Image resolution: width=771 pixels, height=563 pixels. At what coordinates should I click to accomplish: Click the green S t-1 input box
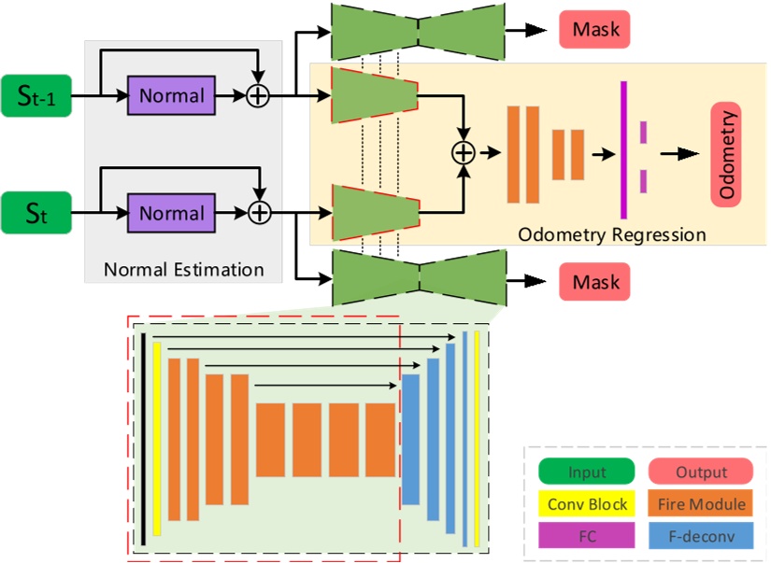coord(36,95)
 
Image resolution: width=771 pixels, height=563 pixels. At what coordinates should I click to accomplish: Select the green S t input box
coord(36,213)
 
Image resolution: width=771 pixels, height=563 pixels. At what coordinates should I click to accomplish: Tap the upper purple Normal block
coord(171,95)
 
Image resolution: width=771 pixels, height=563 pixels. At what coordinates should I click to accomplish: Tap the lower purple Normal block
coord(171,213)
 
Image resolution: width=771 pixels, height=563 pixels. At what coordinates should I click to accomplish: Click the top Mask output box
coord(595,30)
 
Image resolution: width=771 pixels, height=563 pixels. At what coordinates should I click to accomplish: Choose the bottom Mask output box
coord(595,280)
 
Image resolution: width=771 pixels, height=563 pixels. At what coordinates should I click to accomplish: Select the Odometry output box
coord(726,153)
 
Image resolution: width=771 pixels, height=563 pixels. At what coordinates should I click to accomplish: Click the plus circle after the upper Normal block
coord(257,95)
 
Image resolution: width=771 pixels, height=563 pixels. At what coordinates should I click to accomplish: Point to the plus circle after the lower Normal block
coord(257,214)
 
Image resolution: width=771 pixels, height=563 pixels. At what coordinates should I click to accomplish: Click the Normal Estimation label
coord(184,271)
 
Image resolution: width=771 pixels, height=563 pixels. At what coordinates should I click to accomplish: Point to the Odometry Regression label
coord(612,234)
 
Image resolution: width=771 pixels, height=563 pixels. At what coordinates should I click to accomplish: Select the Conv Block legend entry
coord(587,505)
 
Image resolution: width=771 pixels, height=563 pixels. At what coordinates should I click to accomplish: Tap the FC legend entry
coord(587,536)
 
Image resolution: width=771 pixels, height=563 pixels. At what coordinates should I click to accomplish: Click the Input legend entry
coord(587,473)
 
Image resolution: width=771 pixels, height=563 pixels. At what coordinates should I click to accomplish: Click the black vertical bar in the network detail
coord(144,440)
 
